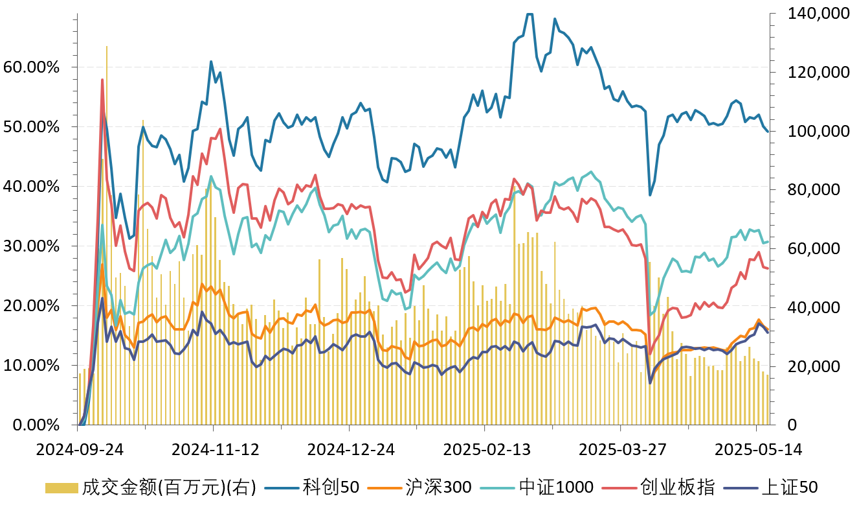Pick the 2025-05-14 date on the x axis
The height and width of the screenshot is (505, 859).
755,449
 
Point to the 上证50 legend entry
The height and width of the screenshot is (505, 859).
788,487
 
